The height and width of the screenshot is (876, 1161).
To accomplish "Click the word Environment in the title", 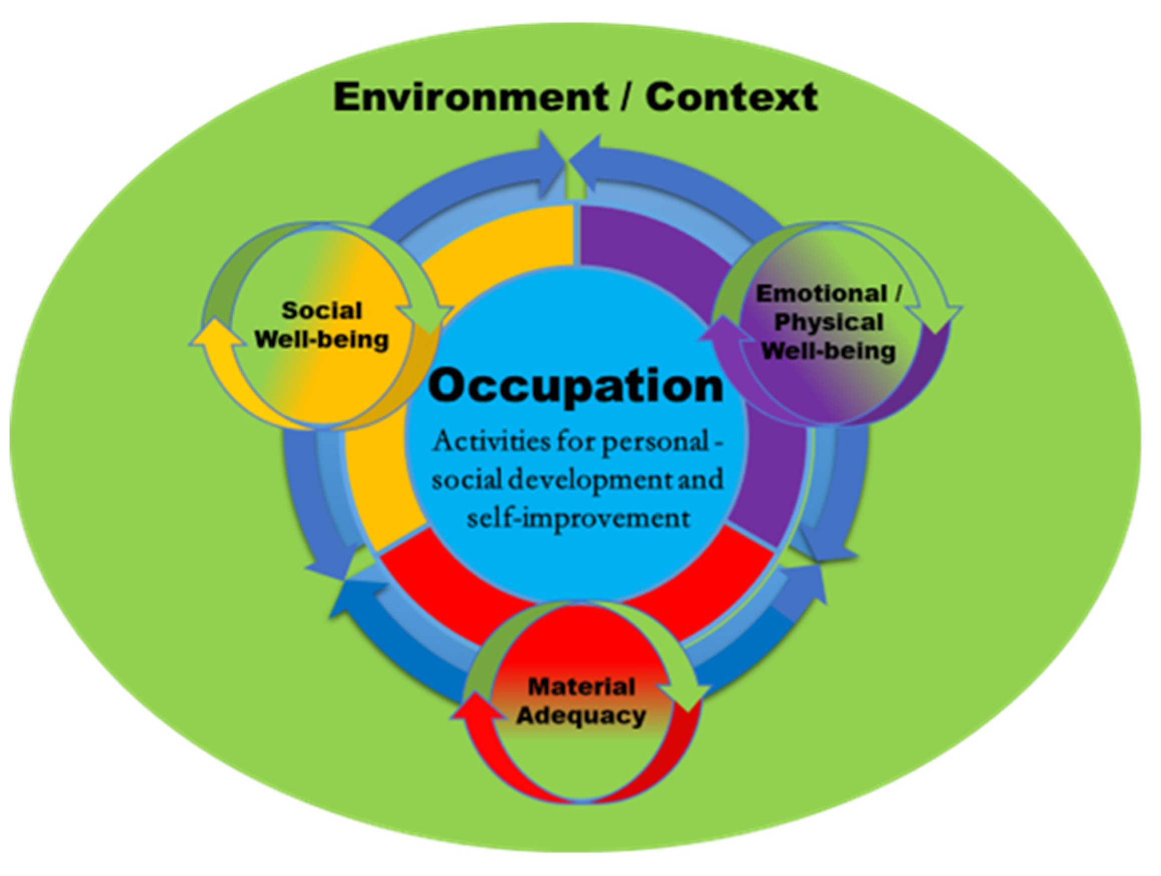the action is click(x=470, y=98).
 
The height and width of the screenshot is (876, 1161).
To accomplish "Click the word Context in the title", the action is click(x=731, y=98).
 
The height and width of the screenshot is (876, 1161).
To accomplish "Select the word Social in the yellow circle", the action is click(x=322, y=311).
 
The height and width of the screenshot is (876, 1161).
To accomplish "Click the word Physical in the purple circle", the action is click(x=829, y=323).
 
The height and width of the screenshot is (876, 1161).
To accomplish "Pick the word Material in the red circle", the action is click(x=582, y=687).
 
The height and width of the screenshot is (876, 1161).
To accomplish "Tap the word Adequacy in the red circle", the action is click(x=581, y=716).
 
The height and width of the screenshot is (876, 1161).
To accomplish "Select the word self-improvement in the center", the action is click(x=578, y=518).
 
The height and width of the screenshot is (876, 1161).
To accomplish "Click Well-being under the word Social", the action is click(x=322, y=340).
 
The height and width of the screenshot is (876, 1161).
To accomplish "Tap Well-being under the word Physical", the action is click(x=829, y=351).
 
